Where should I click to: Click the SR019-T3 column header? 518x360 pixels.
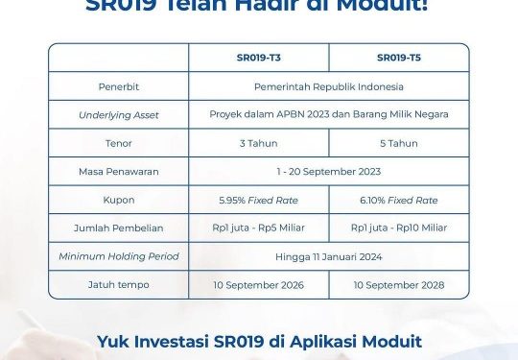(259, 58)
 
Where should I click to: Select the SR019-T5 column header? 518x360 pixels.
(399, 58)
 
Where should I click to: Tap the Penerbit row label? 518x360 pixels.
(119, 86)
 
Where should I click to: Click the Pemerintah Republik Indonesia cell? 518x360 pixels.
(329, 86)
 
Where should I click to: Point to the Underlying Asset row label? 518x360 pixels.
(119, 114)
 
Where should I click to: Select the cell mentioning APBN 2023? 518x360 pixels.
(329, 114)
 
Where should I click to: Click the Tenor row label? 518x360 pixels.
(119, 143)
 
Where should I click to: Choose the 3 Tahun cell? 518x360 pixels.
(259, 143)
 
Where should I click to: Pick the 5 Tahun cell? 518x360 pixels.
(399, 143)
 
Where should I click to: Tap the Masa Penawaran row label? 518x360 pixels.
(119, 172)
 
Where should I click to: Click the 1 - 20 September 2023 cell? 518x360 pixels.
(329, 172)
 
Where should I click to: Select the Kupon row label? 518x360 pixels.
(119, 200)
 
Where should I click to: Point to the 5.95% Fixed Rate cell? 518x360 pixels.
(259, 200)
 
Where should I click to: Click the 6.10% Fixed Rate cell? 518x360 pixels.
(399, 200)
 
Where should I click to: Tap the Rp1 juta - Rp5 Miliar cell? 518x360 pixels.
(259, 228)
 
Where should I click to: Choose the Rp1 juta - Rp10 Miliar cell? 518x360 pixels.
(399, 228)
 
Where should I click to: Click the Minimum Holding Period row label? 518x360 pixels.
(119, 256)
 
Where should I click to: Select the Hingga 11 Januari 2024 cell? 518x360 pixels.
(329, 256)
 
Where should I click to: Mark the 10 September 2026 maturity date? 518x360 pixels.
(259, 285)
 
